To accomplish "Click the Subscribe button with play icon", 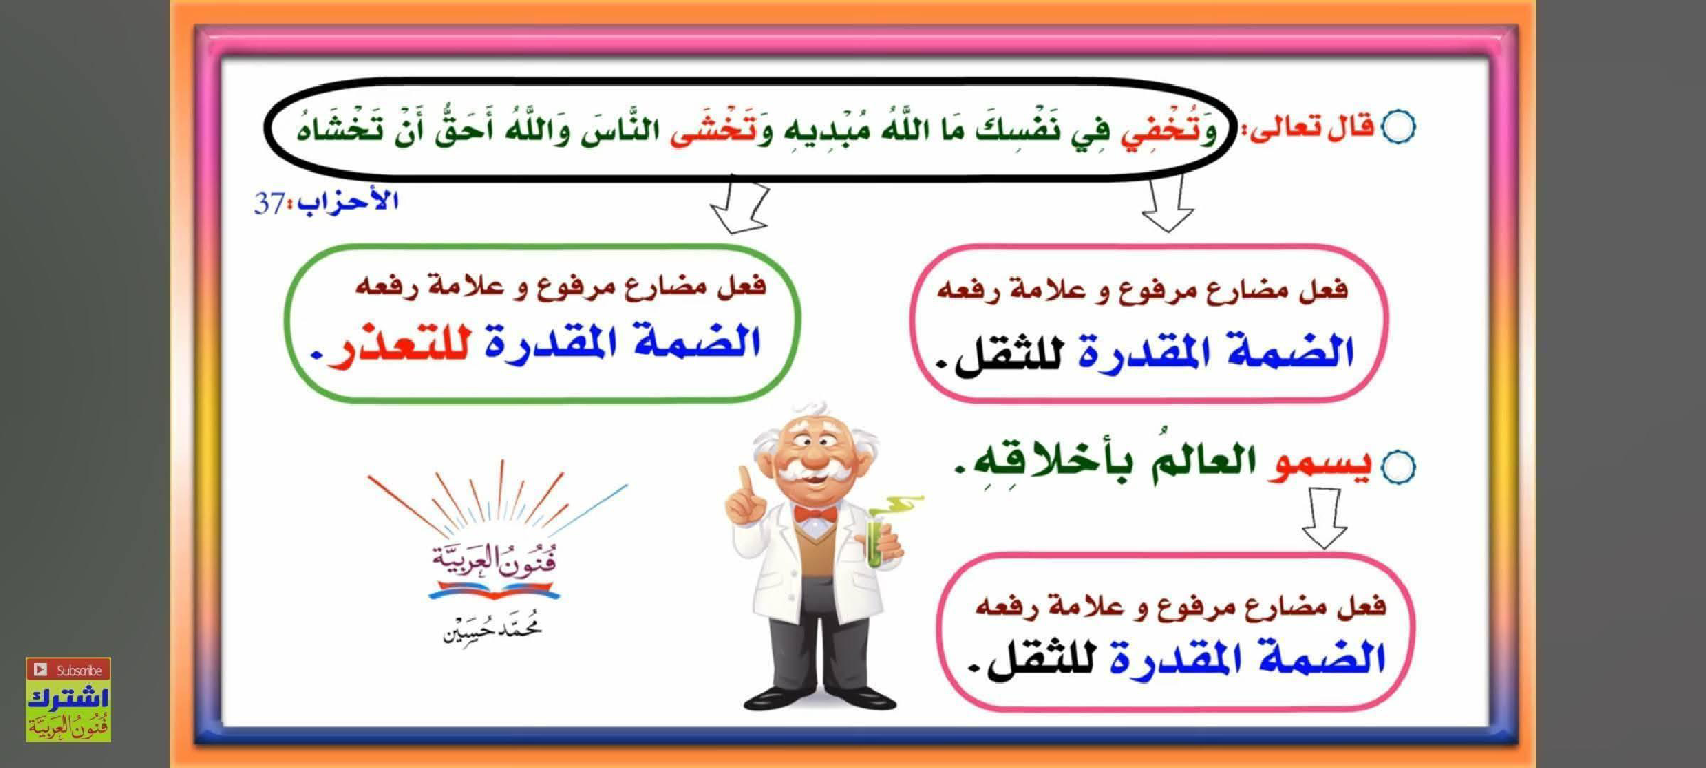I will [68, 670].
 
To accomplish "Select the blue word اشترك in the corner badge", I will [68, 698].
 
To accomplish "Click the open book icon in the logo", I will [493, 590].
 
